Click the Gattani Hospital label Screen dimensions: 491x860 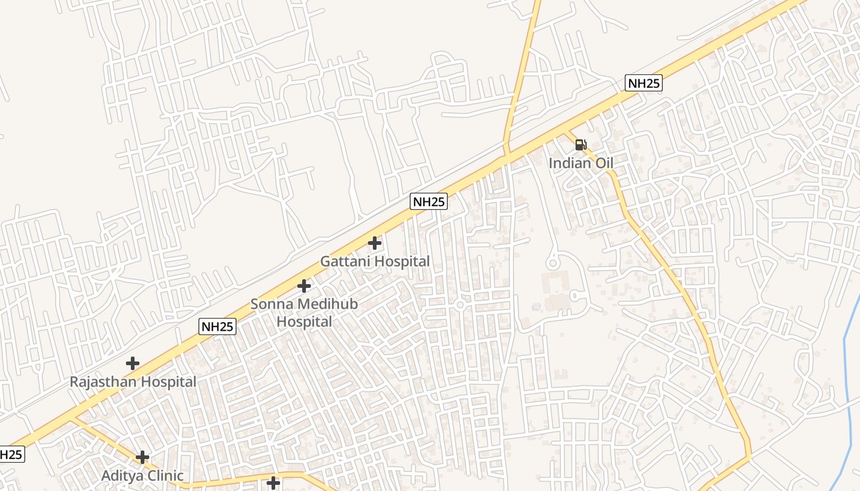tap(375, 261)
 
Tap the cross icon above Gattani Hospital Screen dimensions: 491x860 tap(375, 242)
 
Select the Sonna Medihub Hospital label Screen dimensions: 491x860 tap(304, 312)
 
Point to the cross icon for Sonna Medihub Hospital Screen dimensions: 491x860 tap(304, 285)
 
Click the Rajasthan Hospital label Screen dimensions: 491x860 tap(133, 382)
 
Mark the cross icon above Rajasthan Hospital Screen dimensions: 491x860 tap(133, 363)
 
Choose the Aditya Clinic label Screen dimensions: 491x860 tap(142, 476)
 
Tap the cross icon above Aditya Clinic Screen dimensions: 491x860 tap(143, 457)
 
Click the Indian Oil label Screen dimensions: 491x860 tap(580, 163)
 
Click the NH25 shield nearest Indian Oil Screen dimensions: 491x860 tap(644, 83)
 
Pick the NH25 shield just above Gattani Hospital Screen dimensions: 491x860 tap(429, 201)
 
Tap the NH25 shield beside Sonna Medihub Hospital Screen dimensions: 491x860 tap(217, 327)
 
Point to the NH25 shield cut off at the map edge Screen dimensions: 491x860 tap(10, 455)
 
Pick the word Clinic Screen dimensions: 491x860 tap(164, 476)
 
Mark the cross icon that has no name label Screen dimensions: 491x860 tap(273, 484)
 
